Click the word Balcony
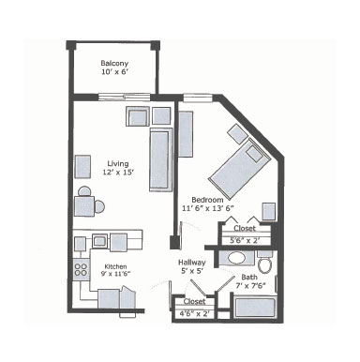[x=113, y=64]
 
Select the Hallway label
[x=191, y=263]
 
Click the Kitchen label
[x=115, y=266]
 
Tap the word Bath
[x=247, y=277]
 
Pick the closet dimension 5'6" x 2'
[x=245, y=241]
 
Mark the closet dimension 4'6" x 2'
[x=195, y=313]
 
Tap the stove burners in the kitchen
[x=80, y=273]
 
